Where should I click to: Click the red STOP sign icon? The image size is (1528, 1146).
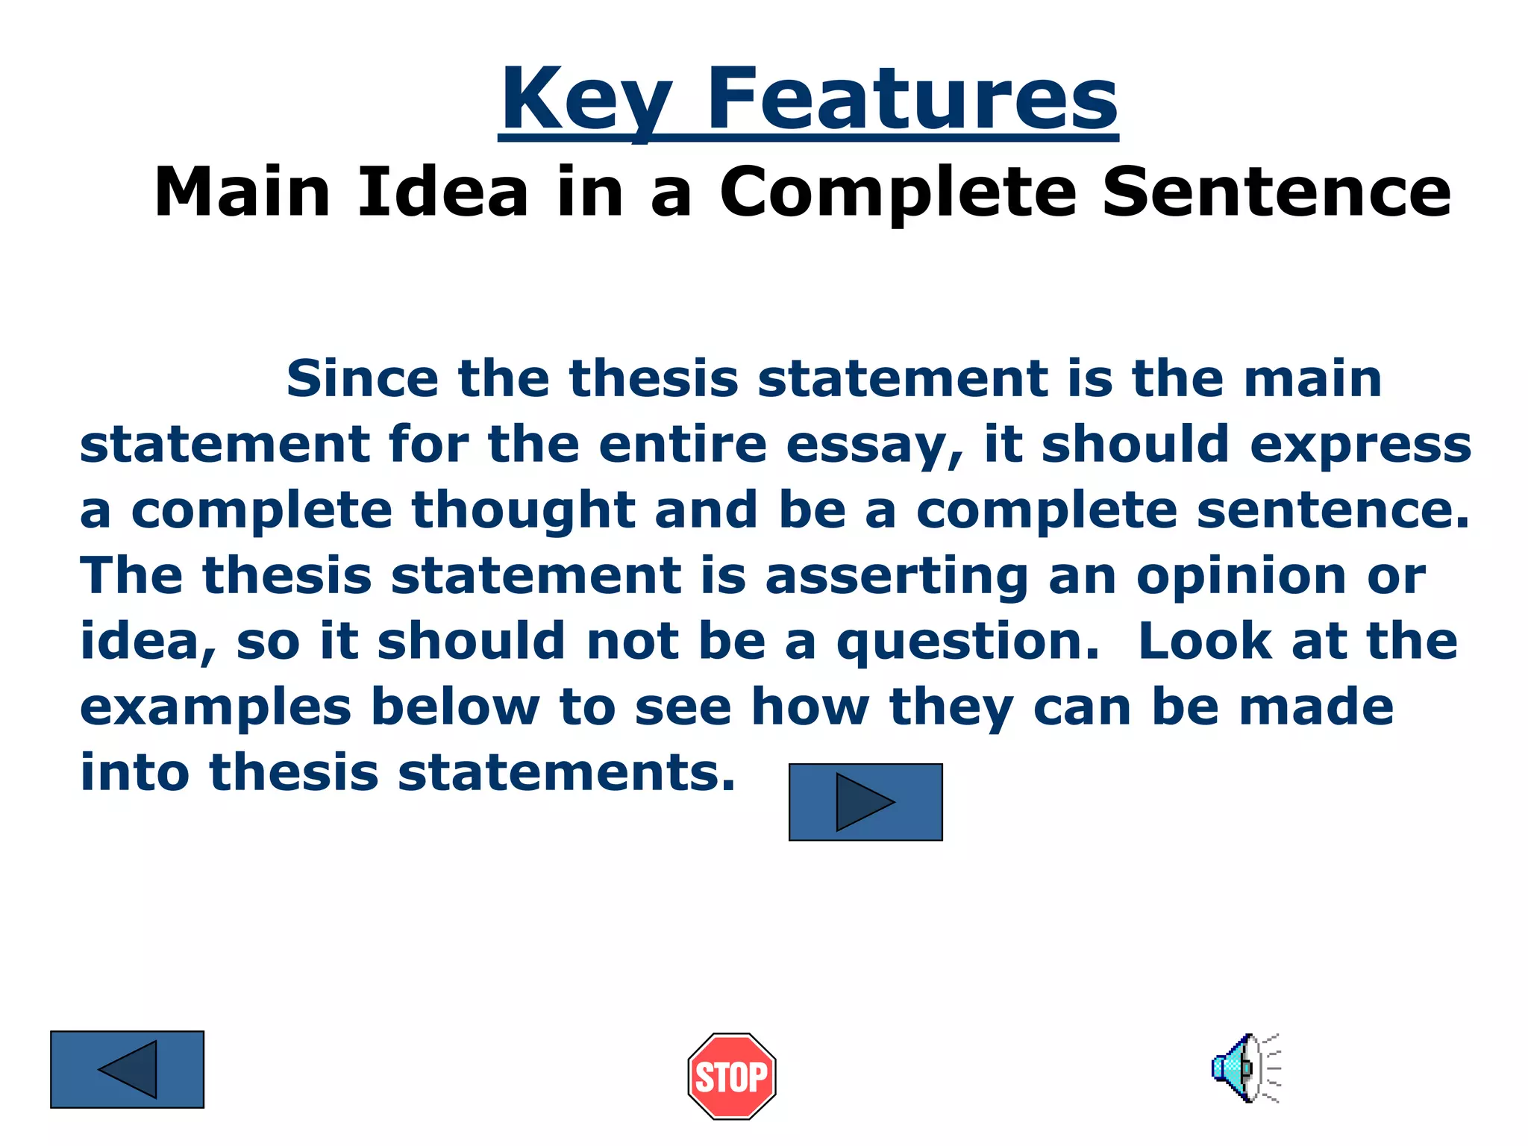(x=731, y=1076)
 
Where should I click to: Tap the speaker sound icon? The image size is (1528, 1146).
(x=1244, y=1068)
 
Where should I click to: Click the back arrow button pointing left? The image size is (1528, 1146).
(x=127, y=1069)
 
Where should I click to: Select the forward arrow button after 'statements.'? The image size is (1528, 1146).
(x=865, y=802)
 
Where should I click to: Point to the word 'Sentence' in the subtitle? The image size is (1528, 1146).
(x=1277, y=192)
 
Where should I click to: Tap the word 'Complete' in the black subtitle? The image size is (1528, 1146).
(x=898, y=192)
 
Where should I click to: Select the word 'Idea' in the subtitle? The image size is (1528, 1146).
(x=443, y=192)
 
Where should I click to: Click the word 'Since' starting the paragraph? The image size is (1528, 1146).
(x=363, y=378)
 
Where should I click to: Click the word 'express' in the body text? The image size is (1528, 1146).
(x=1360, y=445)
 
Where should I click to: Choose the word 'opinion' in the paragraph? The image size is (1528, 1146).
(x=1241, y=577)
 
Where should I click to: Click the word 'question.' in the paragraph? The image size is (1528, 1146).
(x=968, y=642)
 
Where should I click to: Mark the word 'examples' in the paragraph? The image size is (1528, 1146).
(x=215, y=708)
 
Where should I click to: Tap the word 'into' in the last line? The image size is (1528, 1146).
(x=134, y=772)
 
